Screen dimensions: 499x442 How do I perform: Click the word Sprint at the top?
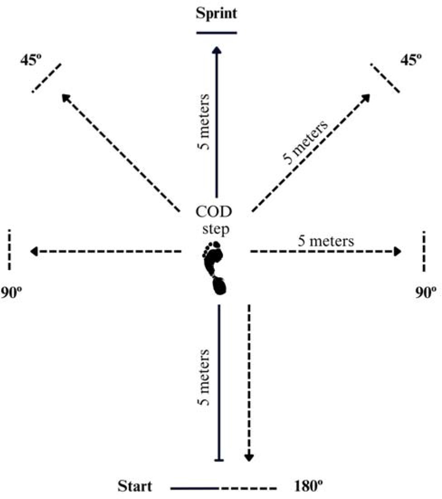(x=216, y=13)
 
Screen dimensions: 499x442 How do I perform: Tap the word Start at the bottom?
(x=134, y=487)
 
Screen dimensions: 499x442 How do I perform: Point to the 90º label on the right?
(x=426, y=292)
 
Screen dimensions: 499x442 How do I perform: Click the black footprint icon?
(x=214, y=268)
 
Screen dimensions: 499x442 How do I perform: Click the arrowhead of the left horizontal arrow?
(x=33, y=251)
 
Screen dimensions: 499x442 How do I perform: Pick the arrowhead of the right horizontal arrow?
(x=398, y=251)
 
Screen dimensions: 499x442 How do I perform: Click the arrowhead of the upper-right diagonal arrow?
(x=366, y=98)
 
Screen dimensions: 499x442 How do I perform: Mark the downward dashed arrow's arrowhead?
(x=249, y=458)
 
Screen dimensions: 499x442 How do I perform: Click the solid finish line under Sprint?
(x=217, y=33)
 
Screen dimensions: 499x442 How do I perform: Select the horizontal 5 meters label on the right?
(x=326, y=241)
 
